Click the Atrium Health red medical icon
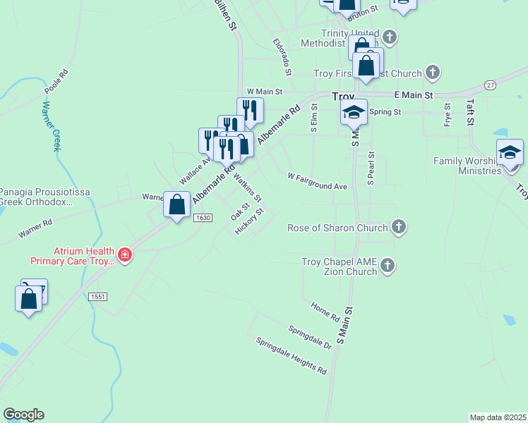(125, 255)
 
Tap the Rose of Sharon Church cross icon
(399, 227)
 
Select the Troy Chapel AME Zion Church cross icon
(387, 265)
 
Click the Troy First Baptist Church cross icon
(433, 73)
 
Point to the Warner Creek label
(50, 126)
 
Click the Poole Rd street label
(56, 82)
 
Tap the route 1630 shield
(203, 218)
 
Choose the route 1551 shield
(98, 297)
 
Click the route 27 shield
(490, 85)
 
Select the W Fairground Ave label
(318, 181)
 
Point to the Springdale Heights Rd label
(292, 355)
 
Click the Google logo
(23, 415)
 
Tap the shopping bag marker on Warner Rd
(176, 204)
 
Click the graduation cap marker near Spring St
(354, 111)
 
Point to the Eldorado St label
(282, 57)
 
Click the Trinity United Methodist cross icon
(390, 37)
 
